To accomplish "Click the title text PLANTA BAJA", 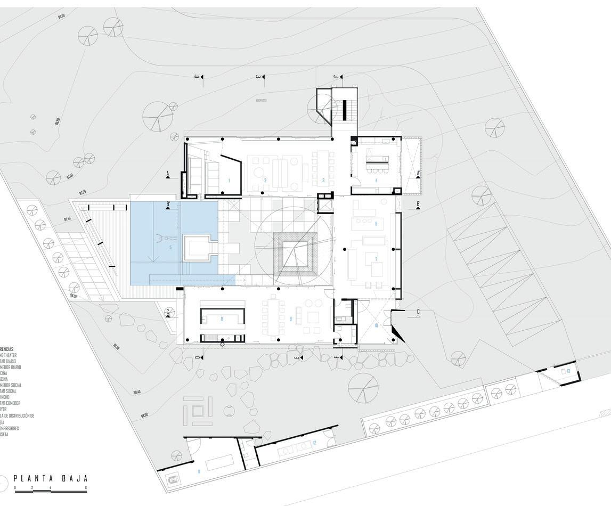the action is pos(51,478).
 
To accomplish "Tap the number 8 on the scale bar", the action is pos(86,488).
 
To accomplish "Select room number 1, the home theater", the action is pos(229,181).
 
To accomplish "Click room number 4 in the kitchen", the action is pos(376,181).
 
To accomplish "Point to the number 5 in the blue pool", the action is pos(170,248).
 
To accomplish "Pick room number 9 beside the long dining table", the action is pos(290,319).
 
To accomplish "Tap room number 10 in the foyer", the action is pos(376,325).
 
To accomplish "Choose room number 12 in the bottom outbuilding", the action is pos(314,443).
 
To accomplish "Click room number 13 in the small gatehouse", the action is pos(568,371).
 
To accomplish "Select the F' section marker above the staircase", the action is pos(336,77).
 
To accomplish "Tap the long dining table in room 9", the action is pos(274,318).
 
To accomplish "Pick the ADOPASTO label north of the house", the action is pos(261,100).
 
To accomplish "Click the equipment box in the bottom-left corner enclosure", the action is pos(173,479).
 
